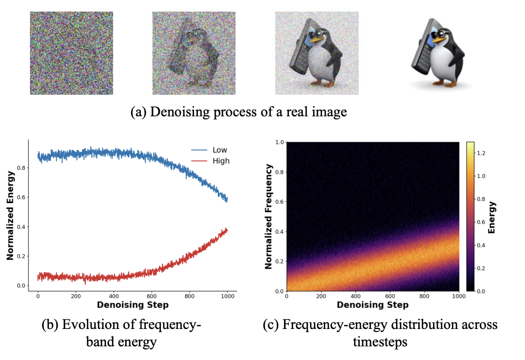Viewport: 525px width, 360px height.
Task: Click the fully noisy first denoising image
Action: click(72, 53)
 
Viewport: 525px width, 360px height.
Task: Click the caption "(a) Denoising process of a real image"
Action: click(239, 112)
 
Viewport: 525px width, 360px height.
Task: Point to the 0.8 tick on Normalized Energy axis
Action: click(25, 168)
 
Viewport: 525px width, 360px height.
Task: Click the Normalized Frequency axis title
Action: click(269, 216)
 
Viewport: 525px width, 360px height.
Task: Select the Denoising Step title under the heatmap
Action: click(372, 305)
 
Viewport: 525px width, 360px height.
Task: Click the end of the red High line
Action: click(227, 229)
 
